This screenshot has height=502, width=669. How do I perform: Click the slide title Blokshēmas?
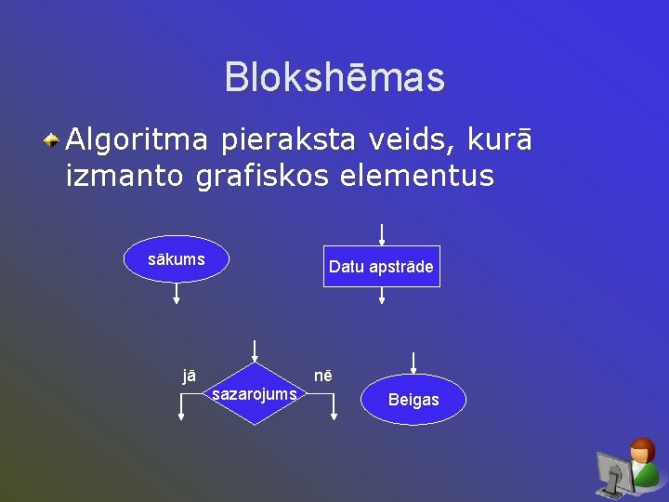(x=334, y=78)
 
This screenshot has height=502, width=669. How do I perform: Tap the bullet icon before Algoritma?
(x=53, y=140)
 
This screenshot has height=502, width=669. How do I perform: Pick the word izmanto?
(x=125, y=176)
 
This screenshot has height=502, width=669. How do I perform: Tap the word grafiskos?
(x=262, y=176)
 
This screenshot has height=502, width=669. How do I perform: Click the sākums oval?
(x=177, y=259)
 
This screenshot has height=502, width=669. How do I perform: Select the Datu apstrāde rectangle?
(x=381, y=267)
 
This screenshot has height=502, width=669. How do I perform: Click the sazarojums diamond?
(x=255, y=394)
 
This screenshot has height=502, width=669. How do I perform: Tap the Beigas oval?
(x=413, y=400)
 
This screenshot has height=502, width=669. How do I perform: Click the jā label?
(x=189, y=376)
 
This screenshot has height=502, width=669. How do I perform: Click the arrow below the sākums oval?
(x=177, y=295)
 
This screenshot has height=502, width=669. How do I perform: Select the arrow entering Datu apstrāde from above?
(x=381, y=233)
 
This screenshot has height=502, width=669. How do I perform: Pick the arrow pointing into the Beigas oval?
(x=413, y=363)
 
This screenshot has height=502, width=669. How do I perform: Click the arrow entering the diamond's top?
(x=255, y=350)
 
